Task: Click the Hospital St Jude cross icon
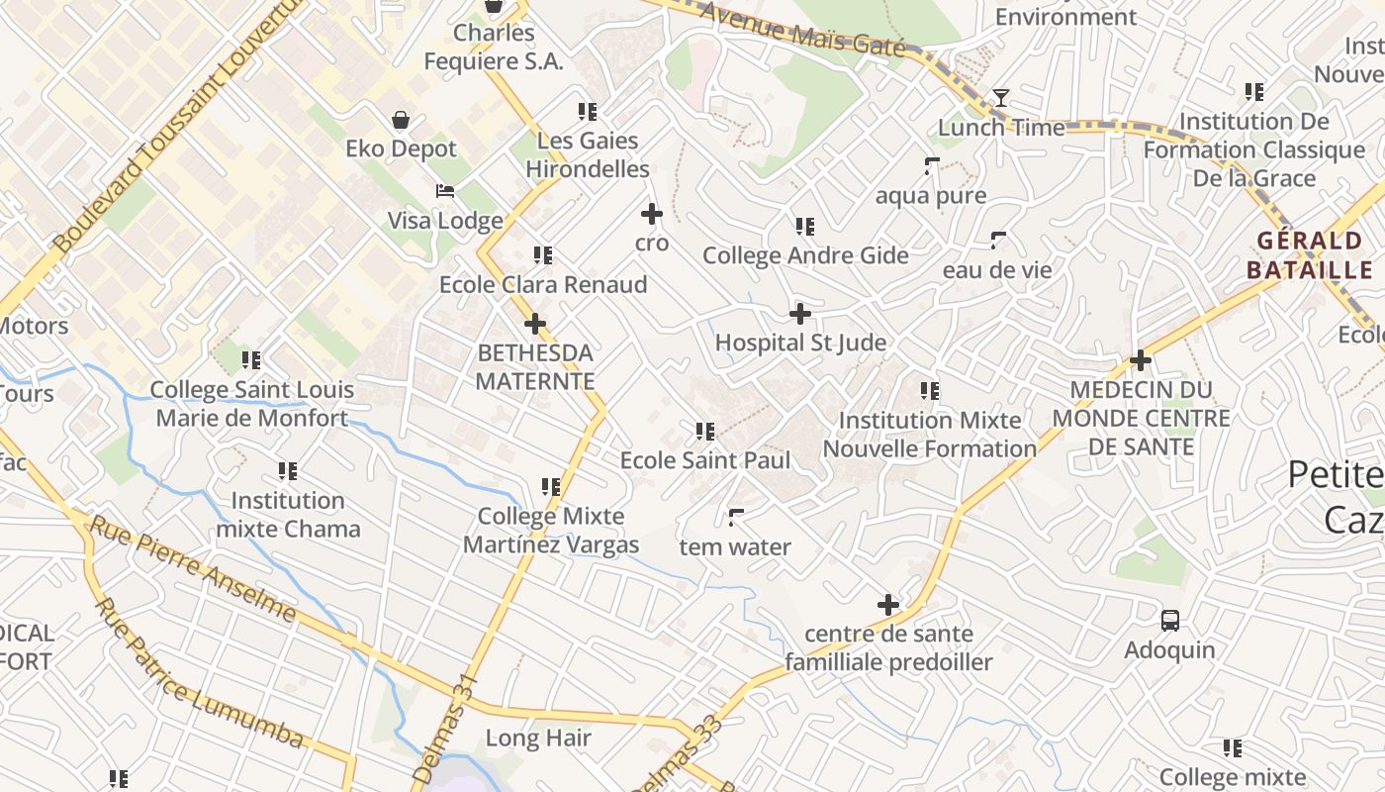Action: point(800,314)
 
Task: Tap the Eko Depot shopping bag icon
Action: point(401,120)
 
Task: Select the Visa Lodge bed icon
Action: point(445,191)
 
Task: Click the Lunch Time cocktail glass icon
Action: point(1001,98)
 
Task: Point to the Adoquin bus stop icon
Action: point(1170,621)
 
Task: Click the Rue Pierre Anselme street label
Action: point(193,568)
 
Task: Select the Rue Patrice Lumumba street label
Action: point(199,673)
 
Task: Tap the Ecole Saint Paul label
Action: point(705,460)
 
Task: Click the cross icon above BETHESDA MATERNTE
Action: point(535,324)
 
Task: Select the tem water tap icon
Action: point(736,517)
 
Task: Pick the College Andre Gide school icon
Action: point(805,227)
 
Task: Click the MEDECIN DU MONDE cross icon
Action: point(1141,360)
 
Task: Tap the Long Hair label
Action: point(539,738)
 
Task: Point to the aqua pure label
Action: point(931,195)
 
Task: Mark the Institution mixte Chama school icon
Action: point(288,471)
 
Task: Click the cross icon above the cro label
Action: point(652,214)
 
